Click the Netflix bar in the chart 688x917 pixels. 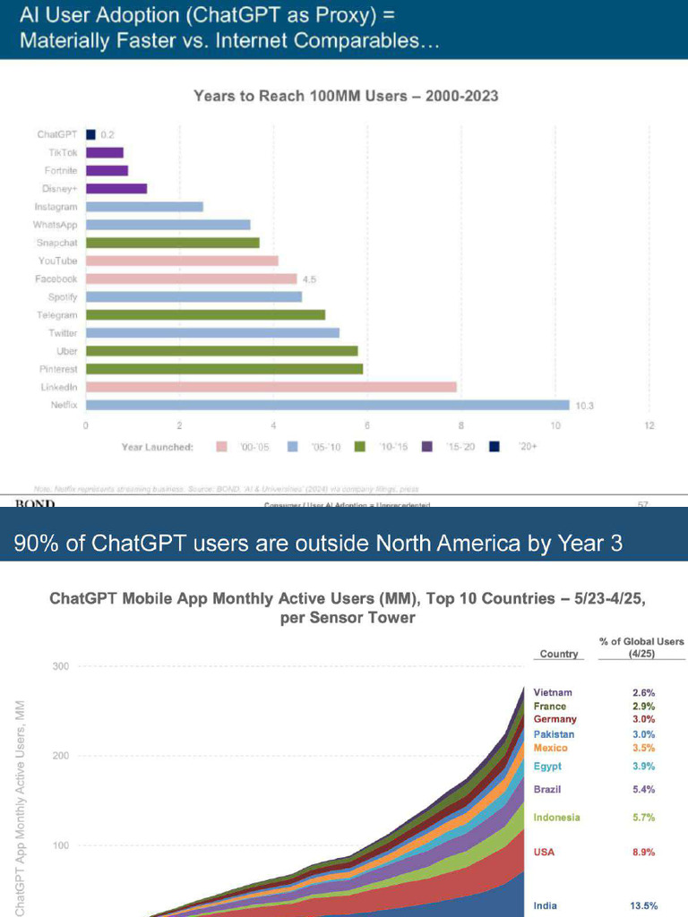(x=327, y=405)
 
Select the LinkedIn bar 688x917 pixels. (x=271, y=387)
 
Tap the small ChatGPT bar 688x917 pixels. (x=90, y=134)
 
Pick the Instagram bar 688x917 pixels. (x=144, y=207)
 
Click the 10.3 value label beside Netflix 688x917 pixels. (x=584, y=406)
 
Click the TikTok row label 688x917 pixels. (x=63, y=152)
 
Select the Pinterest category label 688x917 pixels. (x=58, y=369)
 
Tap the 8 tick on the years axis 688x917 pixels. (x=461, y=424)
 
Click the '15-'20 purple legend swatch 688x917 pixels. (x=426, y=447)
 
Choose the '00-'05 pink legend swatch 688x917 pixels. (x=222, y=447)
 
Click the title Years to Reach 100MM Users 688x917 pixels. (x=346, y=96)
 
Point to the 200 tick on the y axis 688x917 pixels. (x=61, y=756)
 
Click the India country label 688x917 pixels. (x=545, y=906)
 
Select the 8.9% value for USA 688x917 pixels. (x=643, y=852)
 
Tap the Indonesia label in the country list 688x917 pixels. (x=556, y=817)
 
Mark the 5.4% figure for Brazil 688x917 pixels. (x=643, y=789)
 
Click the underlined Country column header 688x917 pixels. (x=558, y=654)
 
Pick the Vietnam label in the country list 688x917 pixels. (x=553, y=692)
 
